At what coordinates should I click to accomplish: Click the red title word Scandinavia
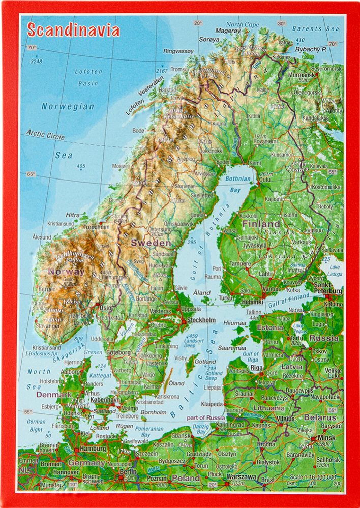[x=73, y=31]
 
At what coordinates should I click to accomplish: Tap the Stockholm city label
[x=201, y=320]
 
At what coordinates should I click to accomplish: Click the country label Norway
[x=66, y=272]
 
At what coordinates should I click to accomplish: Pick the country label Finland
[x=261, y=224]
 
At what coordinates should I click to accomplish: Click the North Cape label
[x=242, y=24]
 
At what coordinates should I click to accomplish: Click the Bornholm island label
[x=153, y=412]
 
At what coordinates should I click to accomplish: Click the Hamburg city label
[x=92, y=450]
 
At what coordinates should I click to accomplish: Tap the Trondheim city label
[x=97, y=227]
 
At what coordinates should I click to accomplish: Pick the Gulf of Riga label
[x=251, y=356]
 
